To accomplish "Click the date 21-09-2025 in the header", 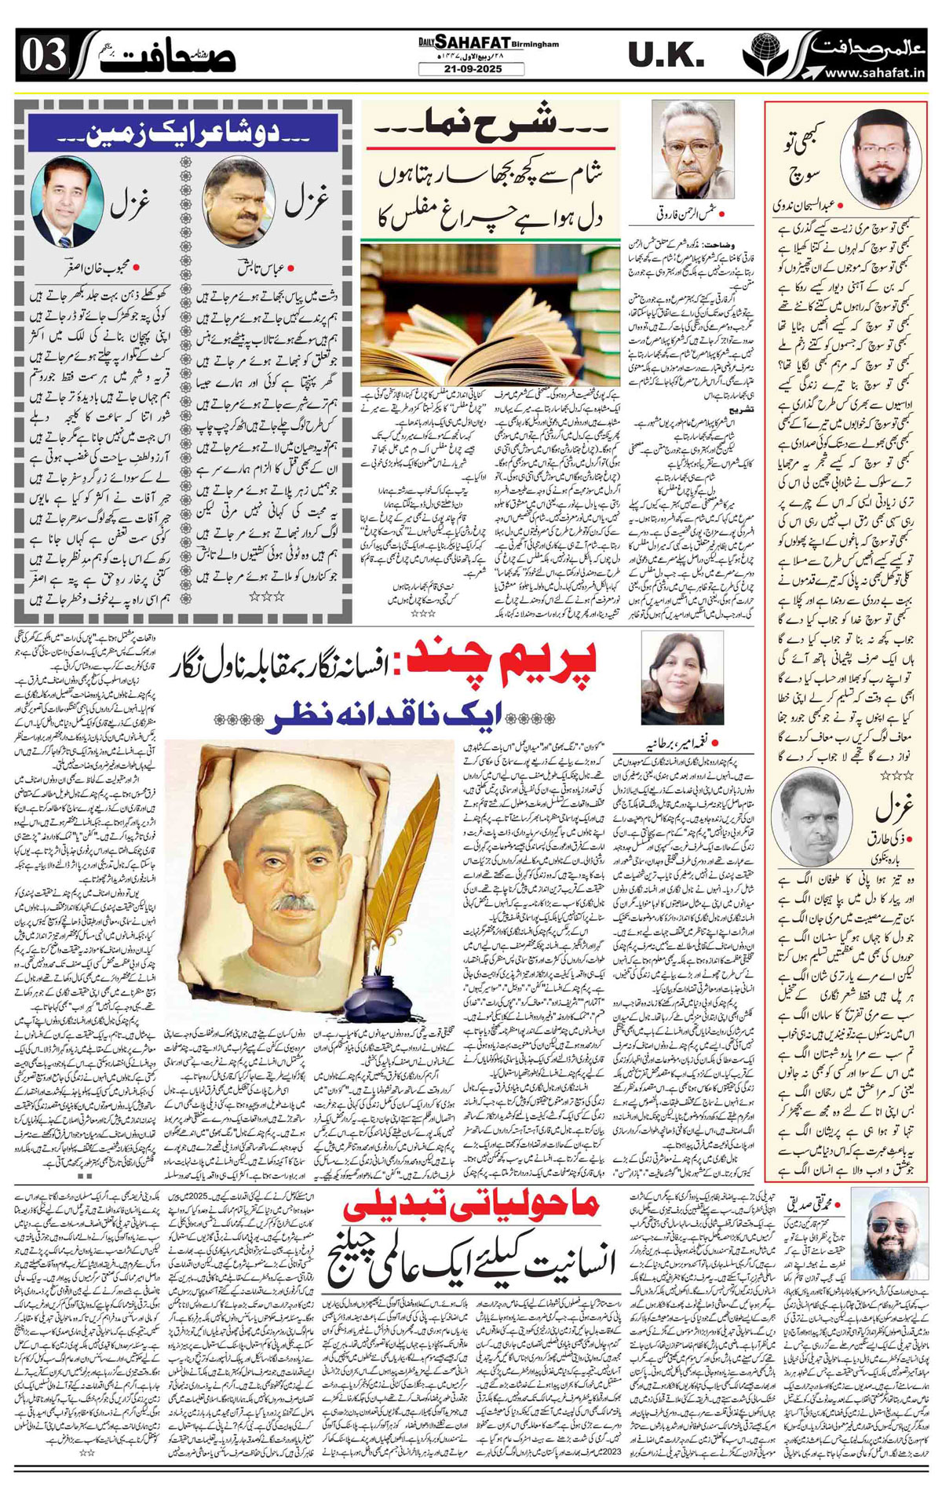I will tap(471, 69).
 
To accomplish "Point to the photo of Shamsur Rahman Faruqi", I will tap(692, 149).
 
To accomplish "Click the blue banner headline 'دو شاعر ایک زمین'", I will tap(183, 133).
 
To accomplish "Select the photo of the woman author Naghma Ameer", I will tap(671, 677).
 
